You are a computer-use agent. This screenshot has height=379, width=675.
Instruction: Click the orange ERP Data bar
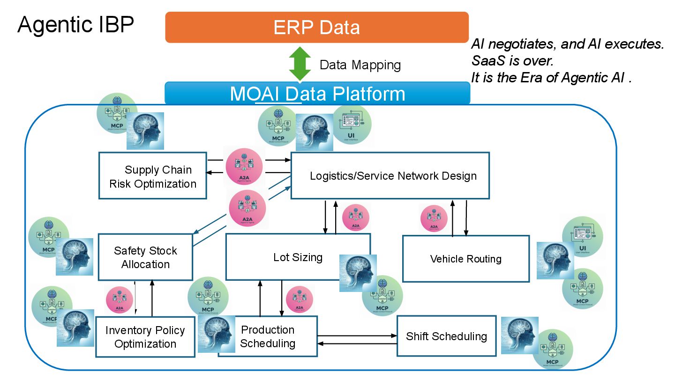click(x=317, y=27)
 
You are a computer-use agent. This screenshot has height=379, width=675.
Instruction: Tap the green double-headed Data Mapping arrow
click(x=300, y=64)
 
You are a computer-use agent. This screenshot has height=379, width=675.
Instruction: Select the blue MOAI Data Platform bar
click(x=317, y=93)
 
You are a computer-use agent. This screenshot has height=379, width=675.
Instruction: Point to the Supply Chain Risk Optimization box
click(x=153, y=176)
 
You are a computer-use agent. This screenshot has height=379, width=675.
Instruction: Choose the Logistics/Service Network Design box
click(x=393, y=176)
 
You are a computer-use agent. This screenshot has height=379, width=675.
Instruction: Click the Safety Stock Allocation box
click(x=145, y=257)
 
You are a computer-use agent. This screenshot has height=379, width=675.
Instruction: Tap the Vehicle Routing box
click(x=465, y=259)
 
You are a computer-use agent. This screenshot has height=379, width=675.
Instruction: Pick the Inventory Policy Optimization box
click(x=145, y=337)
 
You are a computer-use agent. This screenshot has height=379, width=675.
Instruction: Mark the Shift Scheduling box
click(x=446, y=336)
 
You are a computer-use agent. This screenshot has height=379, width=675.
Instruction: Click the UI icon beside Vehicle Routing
click(x=582, y=237)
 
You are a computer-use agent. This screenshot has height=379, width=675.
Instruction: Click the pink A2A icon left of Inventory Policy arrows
click(x=120, y=300)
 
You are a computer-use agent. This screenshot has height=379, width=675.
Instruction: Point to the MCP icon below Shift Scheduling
click(x=553, y=350)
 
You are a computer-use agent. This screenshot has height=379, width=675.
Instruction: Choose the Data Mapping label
click(x=360, y=65)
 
